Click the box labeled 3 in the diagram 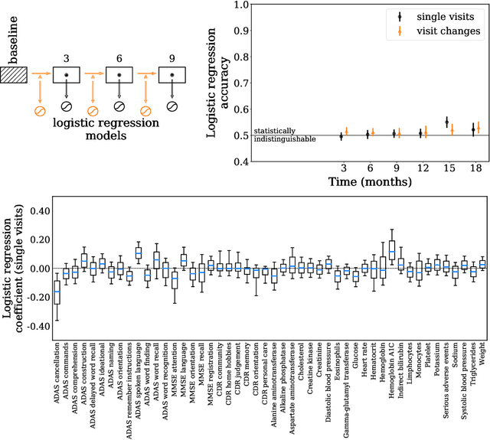point(67,75)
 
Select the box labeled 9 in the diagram point(171,75)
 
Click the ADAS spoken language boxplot point(139,253)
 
